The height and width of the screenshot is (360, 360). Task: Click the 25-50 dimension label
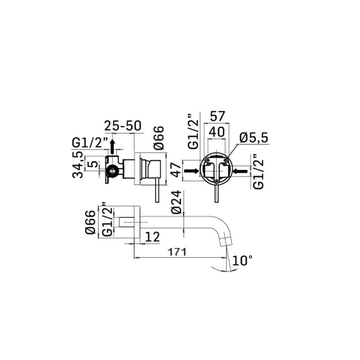coord(123,126)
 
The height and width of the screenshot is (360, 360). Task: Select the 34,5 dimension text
coord(77,164)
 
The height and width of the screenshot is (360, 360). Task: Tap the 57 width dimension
coord(217,116)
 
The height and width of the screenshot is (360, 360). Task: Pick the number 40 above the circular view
coord(217,132)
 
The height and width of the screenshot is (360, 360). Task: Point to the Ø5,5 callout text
coord(254,138)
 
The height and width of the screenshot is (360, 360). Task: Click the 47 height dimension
coord(177,170)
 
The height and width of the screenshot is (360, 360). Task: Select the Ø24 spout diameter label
coord(176,202)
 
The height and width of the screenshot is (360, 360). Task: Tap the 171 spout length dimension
coord(177,252)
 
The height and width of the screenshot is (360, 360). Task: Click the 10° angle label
coord(243,261)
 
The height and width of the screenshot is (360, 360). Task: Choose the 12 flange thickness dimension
coord(152,237)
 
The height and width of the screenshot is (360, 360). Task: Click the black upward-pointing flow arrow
coord(112,147)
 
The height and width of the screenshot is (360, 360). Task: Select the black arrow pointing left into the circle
coord(240,171)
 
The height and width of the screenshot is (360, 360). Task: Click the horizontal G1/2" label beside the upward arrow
coord(90,143)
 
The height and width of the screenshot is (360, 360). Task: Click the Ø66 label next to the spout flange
coord(90,222)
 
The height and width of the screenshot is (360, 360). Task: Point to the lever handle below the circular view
coord(216,193)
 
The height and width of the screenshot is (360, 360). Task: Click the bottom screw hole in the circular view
coord(216,181)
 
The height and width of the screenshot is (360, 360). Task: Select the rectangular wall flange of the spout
coord(137,222)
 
